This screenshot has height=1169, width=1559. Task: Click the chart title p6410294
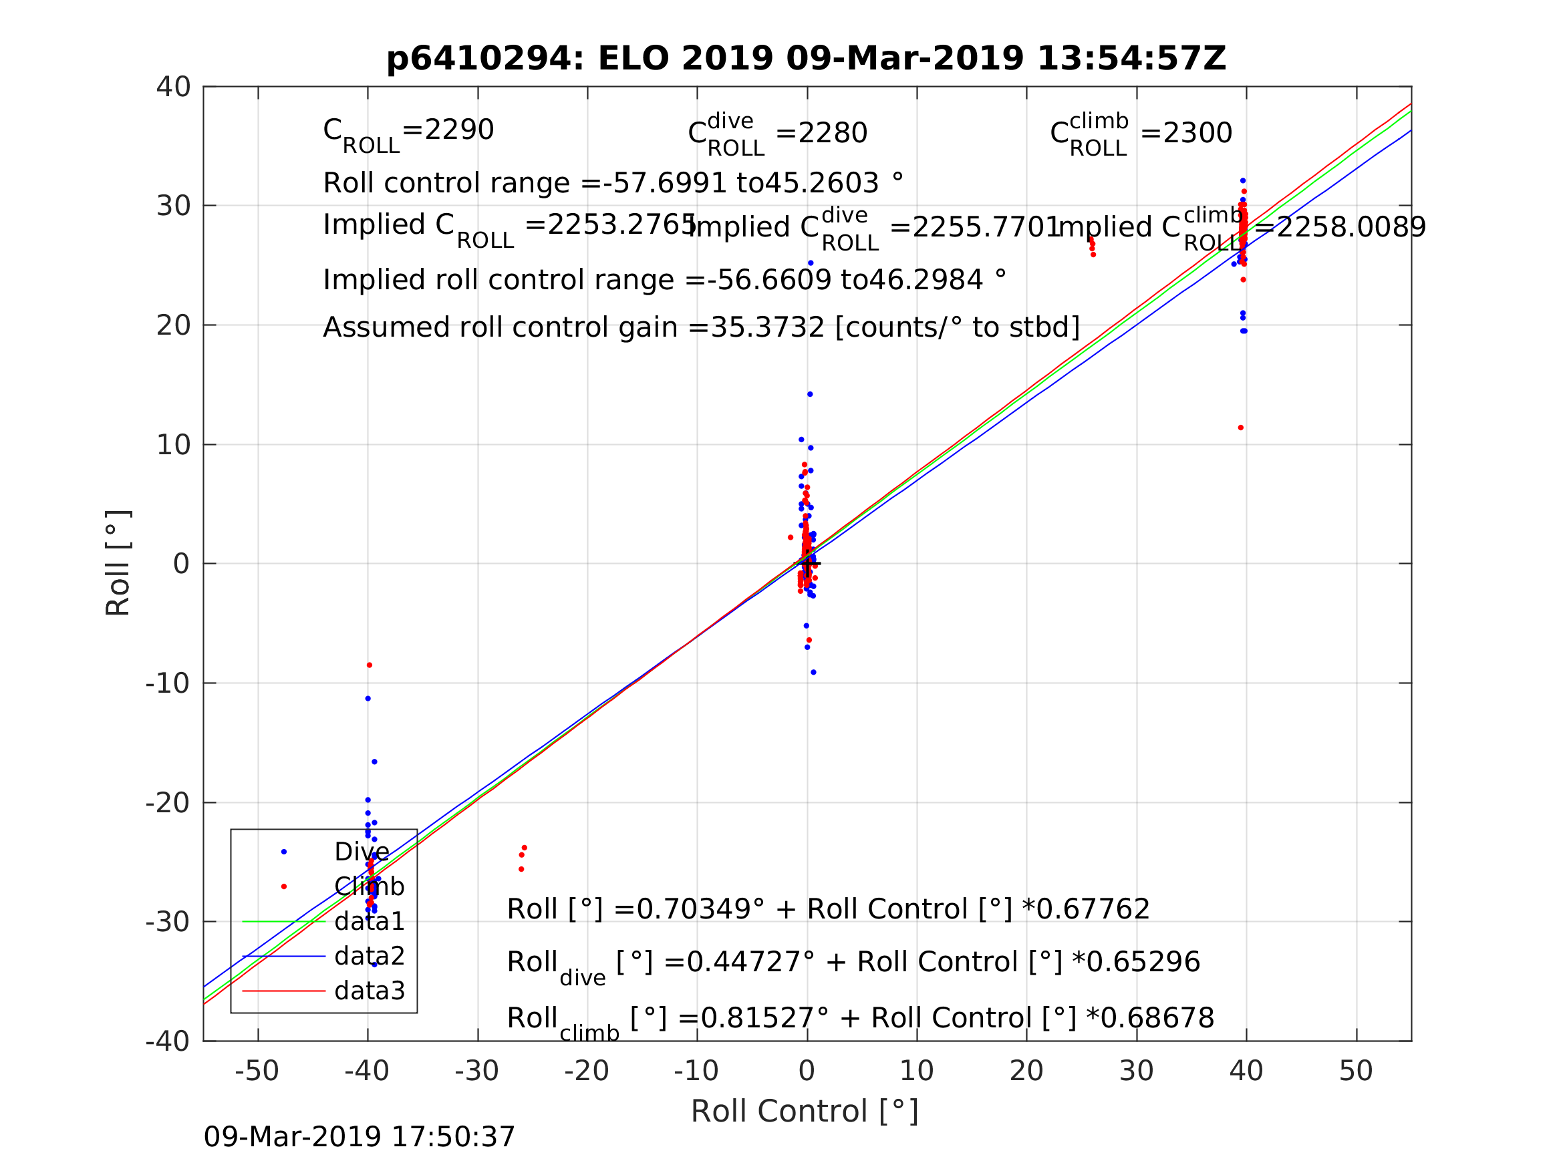(806, 59)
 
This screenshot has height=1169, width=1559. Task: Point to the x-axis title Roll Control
(804, 1112)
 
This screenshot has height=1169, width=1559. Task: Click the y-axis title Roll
(118, 563)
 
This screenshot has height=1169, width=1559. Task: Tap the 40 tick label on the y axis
(173, 88)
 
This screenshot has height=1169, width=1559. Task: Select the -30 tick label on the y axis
(168, 923)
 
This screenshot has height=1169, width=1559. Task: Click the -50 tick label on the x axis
(257, 1071)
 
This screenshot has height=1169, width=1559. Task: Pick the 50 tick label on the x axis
(1355, 1071)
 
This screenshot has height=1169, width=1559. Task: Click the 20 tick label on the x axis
(1026, 1071)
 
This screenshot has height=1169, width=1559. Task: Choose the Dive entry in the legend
(361, 852)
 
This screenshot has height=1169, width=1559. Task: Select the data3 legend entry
(370, 991)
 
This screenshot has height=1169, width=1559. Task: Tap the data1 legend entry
(370, 922)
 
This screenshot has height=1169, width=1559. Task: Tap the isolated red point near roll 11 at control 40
(1240, 428)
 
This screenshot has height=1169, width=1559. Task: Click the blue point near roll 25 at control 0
(811, 263)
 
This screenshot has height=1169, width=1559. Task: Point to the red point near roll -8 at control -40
(370, 665)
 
